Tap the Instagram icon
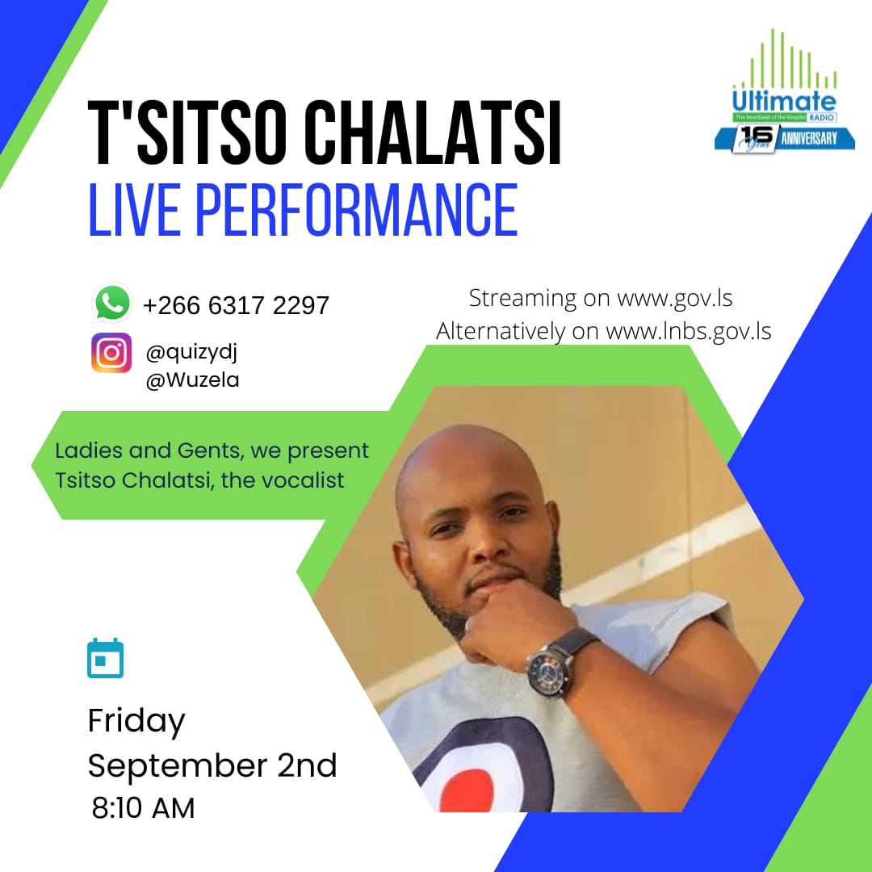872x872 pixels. coord(111,353)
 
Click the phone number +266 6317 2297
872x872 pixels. coord(236,305)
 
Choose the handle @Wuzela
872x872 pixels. coord(192,380)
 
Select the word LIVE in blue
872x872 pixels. coord(135,210)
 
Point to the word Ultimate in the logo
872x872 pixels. coord(784,102)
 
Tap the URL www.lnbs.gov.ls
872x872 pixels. coord(688,331)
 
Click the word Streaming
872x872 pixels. coord(522,298)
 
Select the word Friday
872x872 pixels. coord(136,720)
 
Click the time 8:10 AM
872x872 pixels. coord(144,808)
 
